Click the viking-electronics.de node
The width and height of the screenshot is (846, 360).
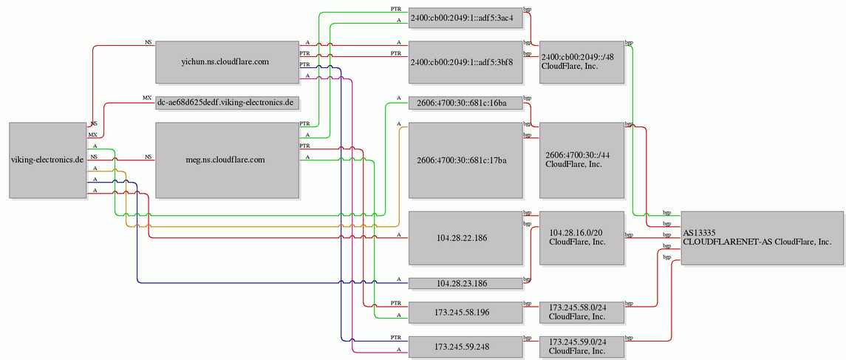pos(48,160)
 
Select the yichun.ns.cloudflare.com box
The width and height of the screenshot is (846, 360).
pos(227,62)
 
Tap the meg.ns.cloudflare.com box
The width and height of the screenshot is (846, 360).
pos(227,160)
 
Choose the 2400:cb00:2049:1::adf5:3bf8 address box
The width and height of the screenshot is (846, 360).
pos(465,62)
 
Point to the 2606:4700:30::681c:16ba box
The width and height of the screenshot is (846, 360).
pos(465,103)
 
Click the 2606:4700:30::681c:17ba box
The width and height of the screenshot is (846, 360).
pos(465,160)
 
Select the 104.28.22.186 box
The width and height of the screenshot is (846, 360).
pos(465,238)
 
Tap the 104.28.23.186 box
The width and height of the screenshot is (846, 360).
pos(465,283)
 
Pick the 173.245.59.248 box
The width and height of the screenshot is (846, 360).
pos(465,346)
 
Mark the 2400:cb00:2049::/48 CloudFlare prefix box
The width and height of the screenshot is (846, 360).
pos(581,62)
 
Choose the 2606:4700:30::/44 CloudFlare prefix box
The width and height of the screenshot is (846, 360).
pos(581,160)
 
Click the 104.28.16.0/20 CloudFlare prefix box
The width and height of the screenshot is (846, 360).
pos(581,238)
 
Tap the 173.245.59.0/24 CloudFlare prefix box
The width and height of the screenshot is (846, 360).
pos(581,346)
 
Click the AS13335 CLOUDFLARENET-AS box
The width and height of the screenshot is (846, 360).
pos(762,238)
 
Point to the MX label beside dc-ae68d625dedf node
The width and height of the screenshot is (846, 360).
pos(147,98)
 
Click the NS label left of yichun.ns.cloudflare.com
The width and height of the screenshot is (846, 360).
pos(149,41)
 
